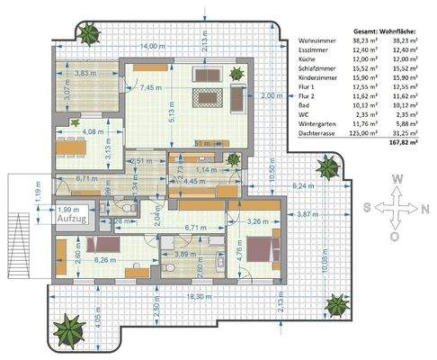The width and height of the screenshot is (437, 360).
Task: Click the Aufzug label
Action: pyautogui.click(x=72, y=219)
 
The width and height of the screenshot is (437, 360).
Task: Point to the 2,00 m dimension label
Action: pyautogui.click(x=266, y=95)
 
